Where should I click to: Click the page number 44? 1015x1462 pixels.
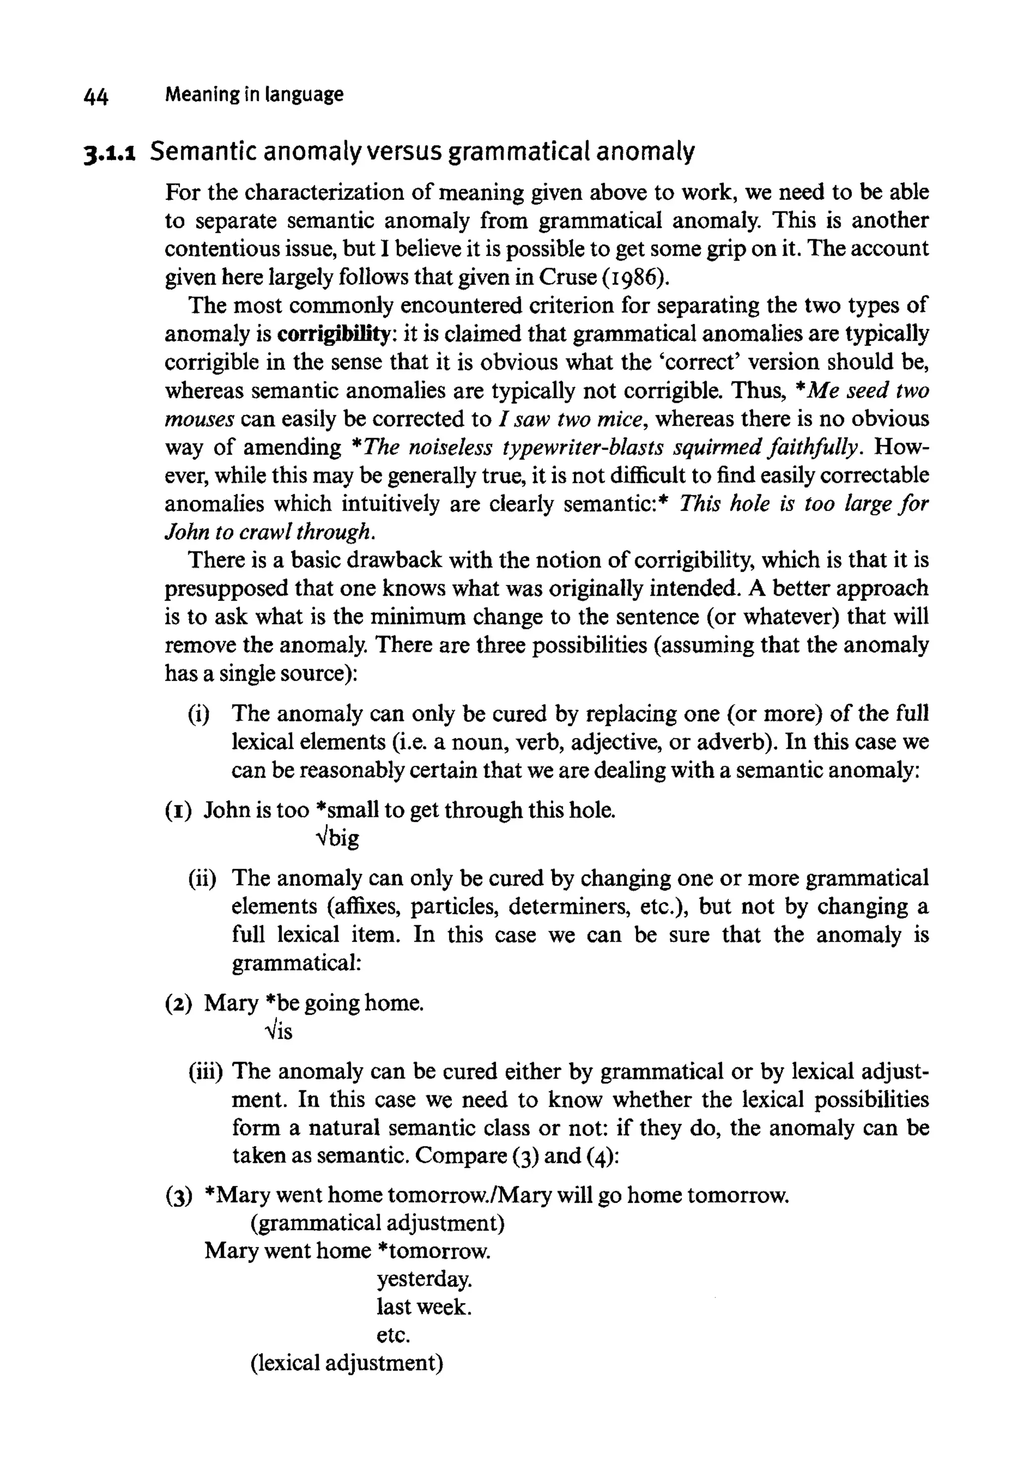pyautogui.click(x=96, y=97)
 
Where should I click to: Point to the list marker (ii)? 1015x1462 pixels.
pyautogui.click(x=203, y=878)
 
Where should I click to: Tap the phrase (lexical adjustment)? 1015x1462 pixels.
pyautogui.click(x=346, y=1363)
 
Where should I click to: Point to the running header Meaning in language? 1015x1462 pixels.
pyautogui.click(x=254, y=95)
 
